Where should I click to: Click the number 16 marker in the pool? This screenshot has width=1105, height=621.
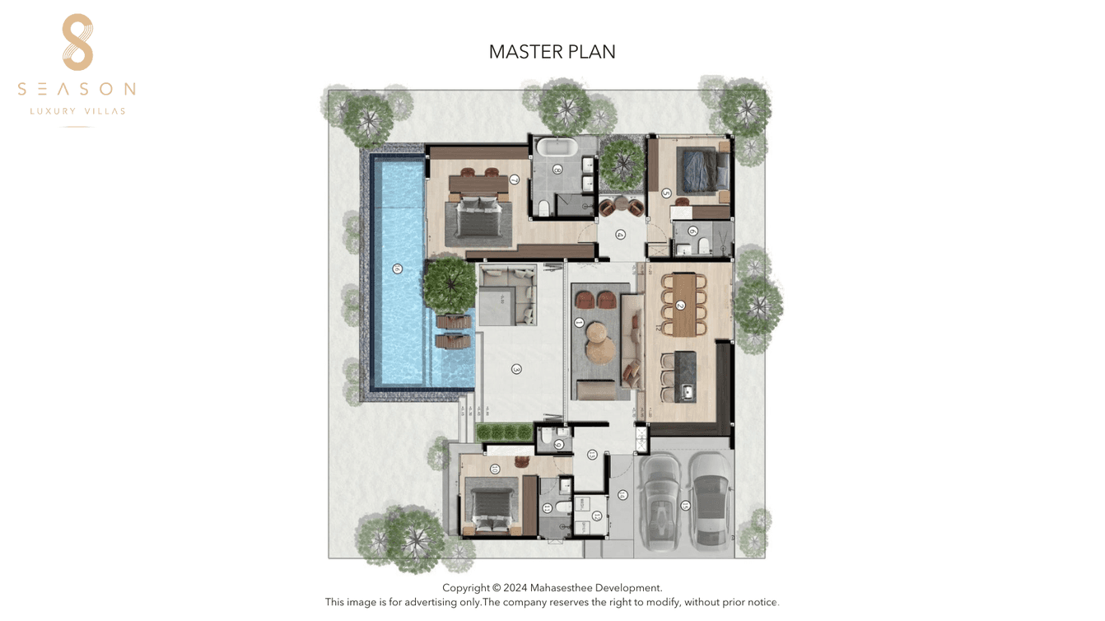click(x=398, y=268)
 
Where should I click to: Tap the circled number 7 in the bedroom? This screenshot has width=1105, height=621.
click(x=515, y=180)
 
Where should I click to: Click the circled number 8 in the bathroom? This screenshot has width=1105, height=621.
click(x=558, y=170)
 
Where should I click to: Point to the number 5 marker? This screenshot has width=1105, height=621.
click(x=666, y=194)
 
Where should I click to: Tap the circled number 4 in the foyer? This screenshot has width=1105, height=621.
click(x=621, y=235)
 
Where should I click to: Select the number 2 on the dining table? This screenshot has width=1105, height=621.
click(x=681, y=306)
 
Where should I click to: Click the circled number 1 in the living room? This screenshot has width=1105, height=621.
click(x=579, y=323)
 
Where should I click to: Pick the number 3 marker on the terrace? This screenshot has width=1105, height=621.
click(x=516, y=369)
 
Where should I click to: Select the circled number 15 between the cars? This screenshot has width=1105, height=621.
click(x=685, y=506)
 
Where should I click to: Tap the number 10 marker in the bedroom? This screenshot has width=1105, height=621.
click(x=495, y=469)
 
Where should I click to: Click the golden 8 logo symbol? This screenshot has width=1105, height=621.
click(x=77, y=42)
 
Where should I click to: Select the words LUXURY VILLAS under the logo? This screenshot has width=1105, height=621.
click(x=77, y=111)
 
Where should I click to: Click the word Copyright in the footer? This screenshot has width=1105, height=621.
click(x=466, y=588)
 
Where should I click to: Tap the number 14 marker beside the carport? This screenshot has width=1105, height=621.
click(x=622, y=495)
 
